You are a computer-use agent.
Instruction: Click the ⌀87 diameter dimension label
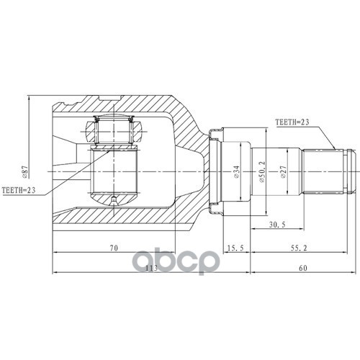(25, 171)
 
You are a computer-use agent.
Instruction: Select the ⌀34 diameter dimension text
(236, 171)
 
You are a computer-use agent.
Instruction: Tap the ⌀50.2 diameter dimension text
(263, 171)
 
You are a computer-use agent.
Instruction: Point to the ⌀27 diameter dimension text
(284, 171)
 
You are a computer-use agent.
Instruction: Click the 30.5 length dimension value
(277, 225)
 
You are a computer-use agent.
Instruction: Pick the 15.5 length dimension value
(235, 248)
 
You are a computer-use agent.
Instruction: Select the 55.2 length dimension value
(299, 248)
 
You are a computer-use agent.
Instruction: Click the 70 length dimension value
(114, 248)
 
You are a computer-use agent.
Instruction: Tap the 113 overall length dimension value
(151, 268)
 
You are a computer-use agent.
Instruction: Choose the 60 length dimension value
(303, 268)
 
